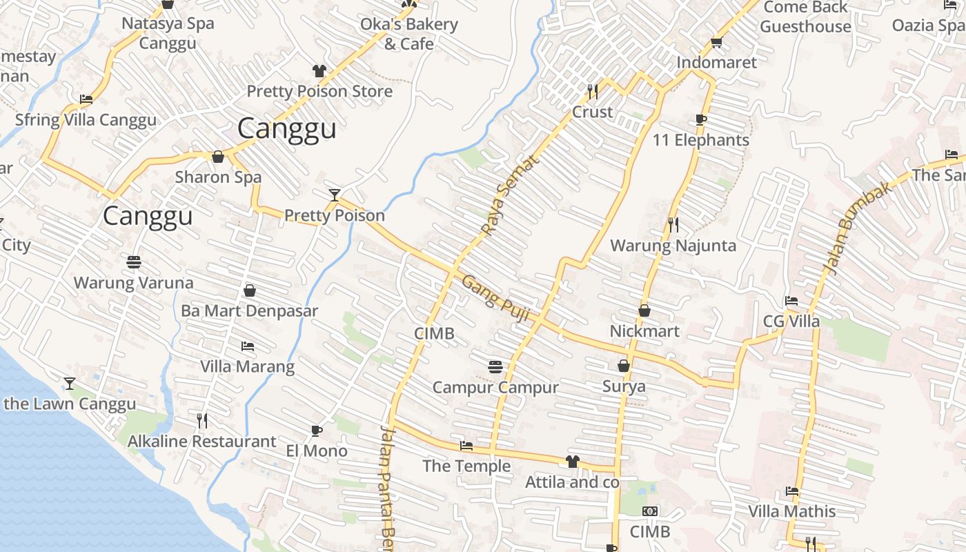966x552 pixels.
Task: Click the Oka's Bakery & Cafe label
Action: pyautogui.click(x=409, y=34)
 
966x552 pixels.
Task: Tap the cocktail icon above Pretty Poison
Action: pyautogui.click(x=335, y=195)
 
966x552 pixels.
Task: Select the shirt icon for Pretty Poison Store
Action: pyautogui.click(x=319, y=70)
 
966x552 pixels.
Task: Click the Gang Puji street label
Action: pyautogui.click(x=495, y=298)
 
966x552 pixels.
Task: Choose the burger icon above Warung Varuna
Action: pyautogui.click(x=134, y=262)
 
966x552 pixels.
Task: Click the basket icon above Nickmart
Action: pyautogui.click(x=644, y=310)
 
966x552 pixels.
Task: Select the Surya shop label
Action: pyautogui.click(x=624, y=386)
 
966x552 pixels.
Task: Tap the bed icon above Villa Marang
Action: pyautogui.click(x=248, y=346)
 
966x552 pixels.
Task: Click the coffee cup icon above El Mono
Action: pyautogui.click(x=317, y=431)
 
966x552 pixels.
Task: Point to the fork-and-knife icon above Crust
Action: pyautogui.click(x=592, y=91)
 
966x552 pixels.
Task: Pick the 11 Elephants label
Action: pyautogui.click(x=701, y=140)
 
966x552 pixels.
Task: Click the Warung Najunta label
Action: pyautogui.click(x=673, y=246)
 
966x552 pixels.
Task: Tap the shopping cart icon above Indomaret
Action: pyautogui.click(x=717, y=42)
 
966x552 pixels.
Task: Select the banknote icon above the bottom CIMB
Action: pyautogui.click(x=650, y=511)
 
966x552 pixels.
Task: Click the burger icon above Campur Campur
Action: pyautogui.click(x=495, y=366)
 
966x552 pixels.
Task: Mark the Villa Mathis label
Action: pyautogui.click(x=792, y=511)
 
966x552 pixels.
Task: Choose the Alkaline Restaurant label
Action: pyautogui.click(x=202, y=442)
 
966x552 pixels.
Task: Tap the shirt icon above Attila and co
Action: pyautogui.click(x=572, y=462)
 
